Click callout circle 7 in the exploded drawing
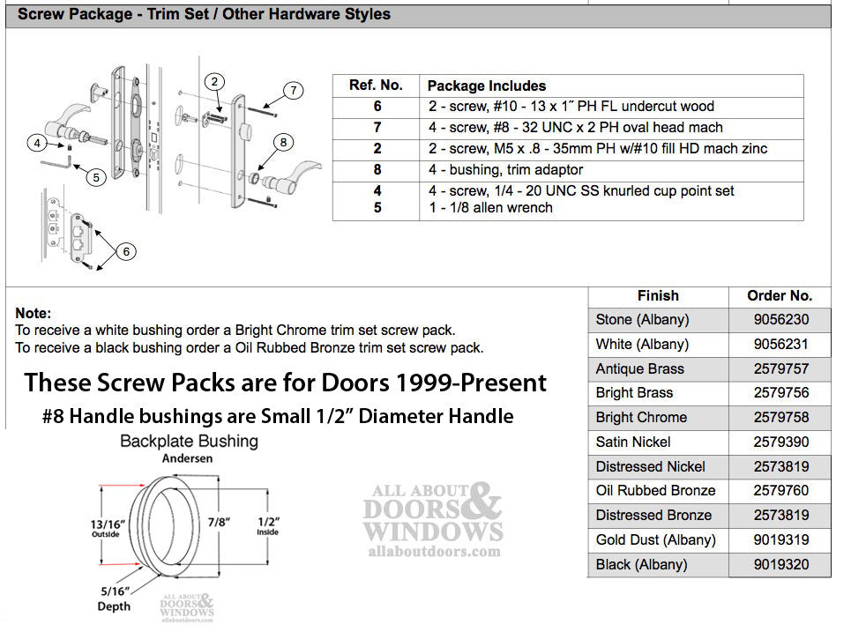294,90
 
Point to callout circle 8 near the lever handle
282,142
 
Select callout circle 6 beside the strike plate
126,252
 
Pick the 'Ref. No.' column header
376,86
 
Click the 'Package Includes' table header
486,86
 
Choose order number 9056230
776,320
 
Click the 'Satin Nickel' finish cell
633,442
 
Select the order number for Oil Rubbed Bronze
776,491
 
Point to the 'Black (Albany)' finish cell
641,564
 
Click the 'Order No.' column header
779,296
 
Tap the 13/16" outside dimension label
105,527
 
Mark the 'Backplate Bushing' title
189,441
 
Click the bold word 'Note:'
34,313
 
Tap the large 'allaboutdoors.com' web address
432,553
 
